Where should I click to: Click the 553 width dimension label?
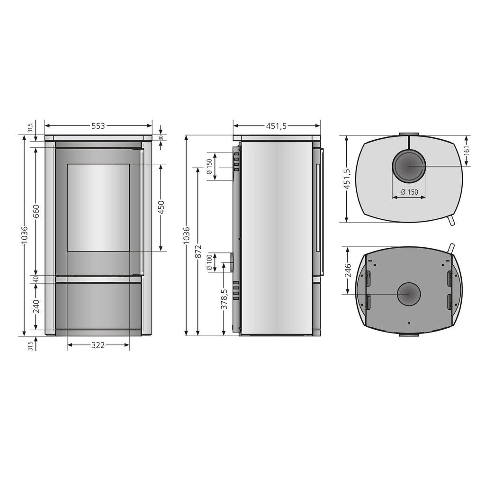coord(99,126)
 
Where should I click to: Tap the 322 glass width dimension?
coord(98,345)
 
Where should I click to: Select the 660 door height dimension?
coord(36,211)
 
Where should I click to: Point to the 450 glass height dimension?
coord(161,207)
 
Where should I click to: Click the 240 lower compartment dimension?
coord(36,306)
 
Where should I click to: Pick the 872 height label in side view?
coord(198,251)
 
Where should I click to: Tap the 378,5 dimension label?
coord(224,299)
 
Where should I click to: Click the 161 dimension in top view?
coord(467,150)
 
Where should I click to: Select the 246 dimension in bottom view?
coord(348,270)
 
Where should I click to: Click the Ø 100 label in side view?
coord(210,262)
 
